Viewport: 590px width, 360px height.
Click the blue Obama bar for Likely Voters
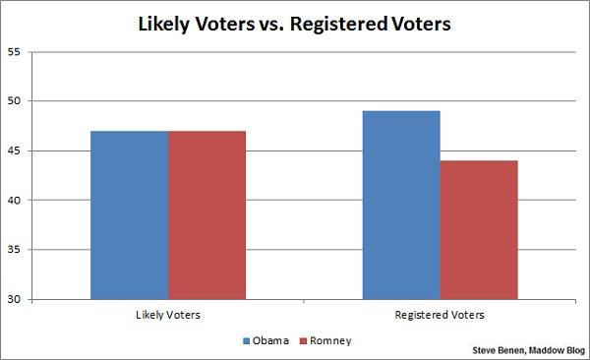point(130,214)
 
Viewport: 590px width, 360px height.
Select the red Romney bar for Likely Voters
point(206,214)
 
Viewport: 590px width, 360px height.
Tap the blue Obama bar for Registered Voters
point(401,205)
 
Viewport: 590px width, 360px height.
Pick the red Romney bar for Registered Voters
point(479,229)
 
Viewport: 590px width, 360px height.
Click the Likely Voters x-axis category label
point(168,316)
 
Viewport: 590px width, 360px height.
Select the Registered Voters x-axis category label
point(441,316)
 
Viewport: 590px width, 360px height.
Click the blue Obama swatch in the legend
point(246,340)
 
